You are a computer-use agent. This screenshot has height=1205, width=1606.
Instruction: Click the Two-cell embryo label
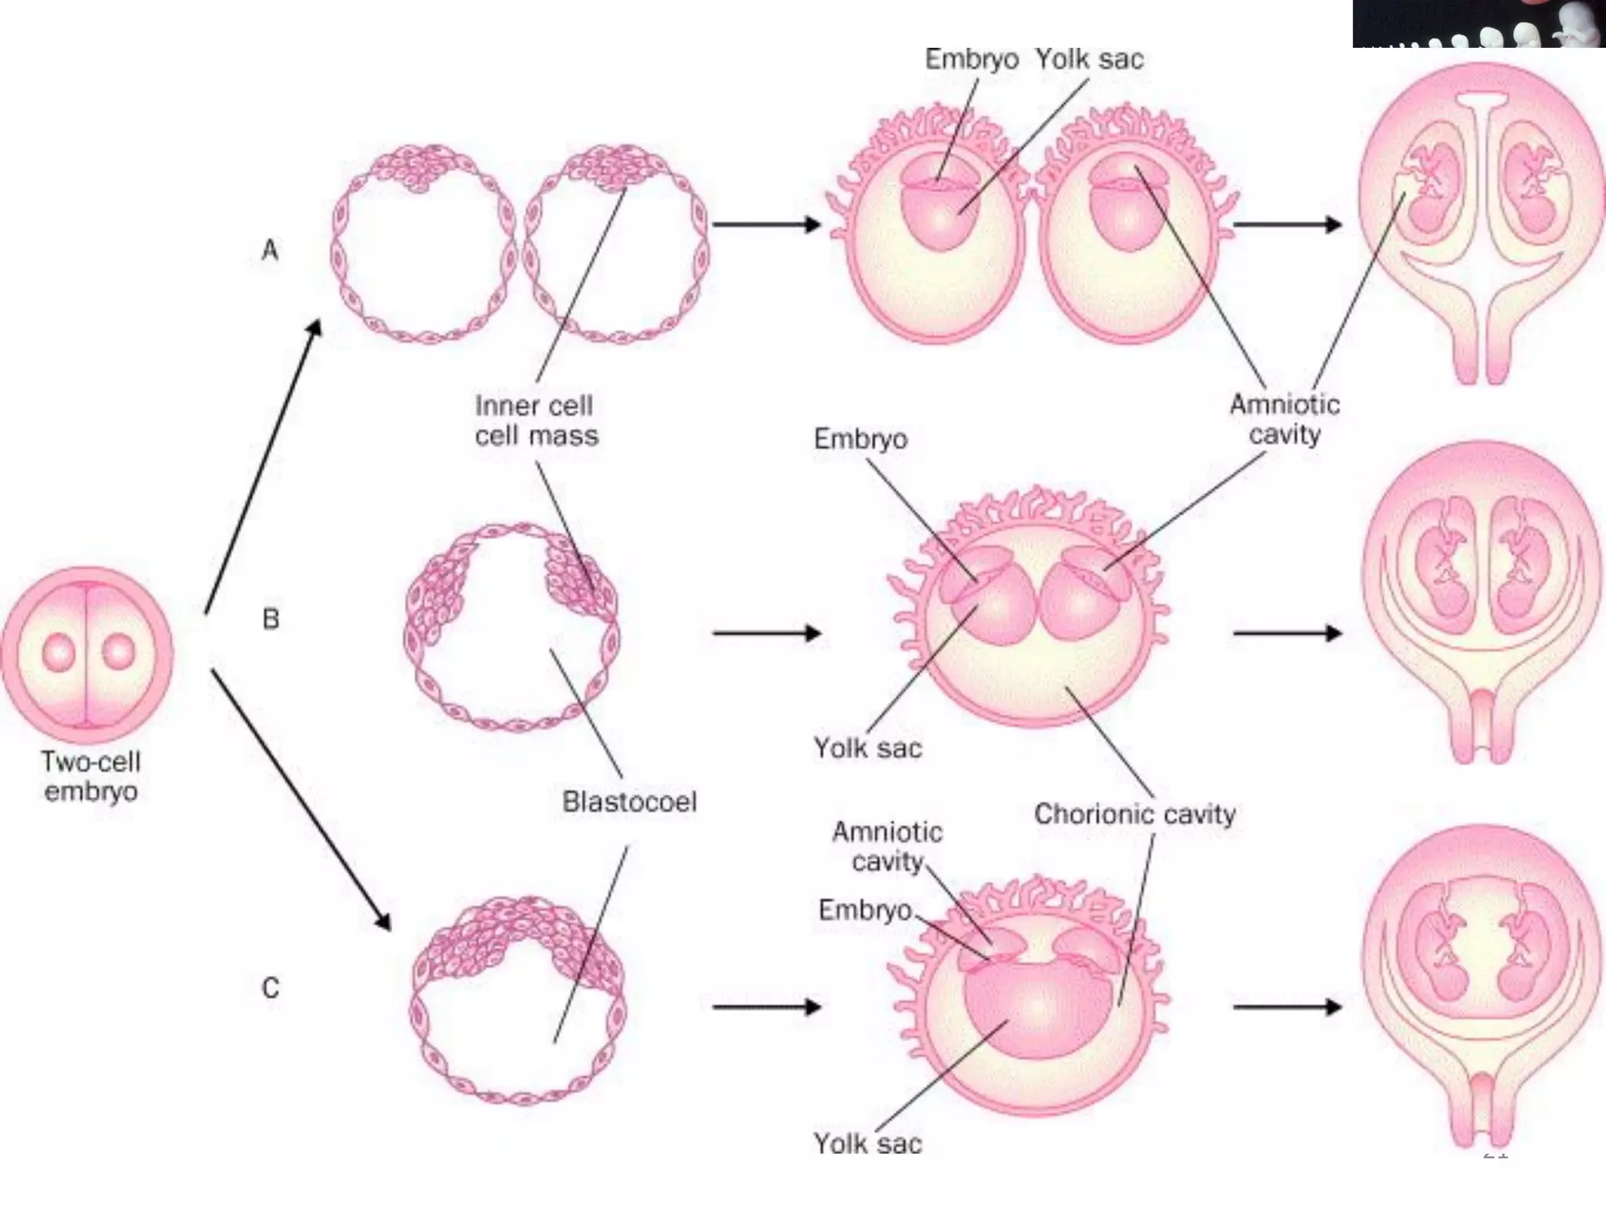(x=91, y=776)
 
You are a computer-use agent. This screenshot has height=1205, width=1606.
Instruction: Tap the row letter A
(x=270, y=251)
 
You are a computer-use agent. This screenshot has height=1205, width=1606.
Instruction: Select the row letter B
(x=271, y=619)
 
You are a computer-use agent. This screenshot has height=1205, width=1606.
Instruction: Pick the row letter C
(x=271, y=988)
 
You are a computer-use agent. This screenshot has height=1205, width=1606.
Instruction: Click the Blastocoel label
(x=629, y=802)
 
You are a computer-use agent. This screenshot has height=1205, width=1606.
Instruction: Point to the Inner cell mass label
(x=536, y=420)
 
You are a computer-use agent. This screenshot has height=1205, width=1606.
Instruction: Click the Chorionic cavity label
(x=1134, y=814)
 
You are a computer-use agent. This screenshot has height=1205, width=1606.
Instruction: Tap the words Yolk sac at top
(x=1089, y=59)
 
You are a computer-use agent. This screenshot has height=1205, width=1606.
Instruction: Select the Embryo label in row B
(x=860, y=439)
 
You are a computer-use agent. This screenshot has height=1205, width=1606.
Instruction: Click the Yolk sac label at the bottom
(x=867, y=1144)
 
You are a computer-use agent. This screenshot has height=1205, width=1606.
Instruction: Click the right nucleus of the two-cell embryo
(x=118, y=652)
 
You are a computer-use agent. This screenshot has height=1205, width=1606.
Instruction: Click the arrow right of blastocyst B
(x=766, y=632)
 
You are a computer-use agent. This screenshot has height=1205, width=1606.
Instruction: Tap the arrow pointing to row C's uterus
(x=1287, y=1007)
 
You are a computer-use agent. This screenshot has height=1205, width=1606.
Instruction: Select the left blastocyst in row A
(x=423, y=243)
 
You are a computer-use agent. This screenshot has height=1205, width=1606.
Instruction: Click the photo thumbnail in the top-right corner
(x=1478, y=24)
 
